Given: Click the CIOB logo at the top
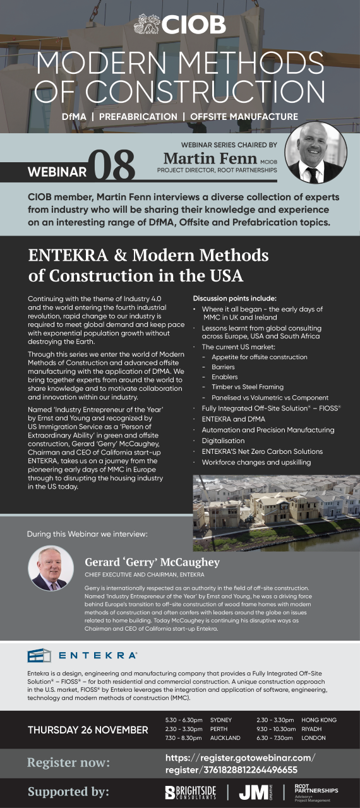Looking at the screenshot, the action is tap(180, 25).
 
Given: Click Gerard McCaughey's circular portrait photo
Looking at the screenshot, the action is tap(51, 568).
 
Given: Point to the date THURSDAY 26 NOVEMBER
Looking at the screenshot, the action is tap(88, 730).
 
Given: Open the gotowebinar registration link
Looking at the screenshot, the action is tap(239, 763).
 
